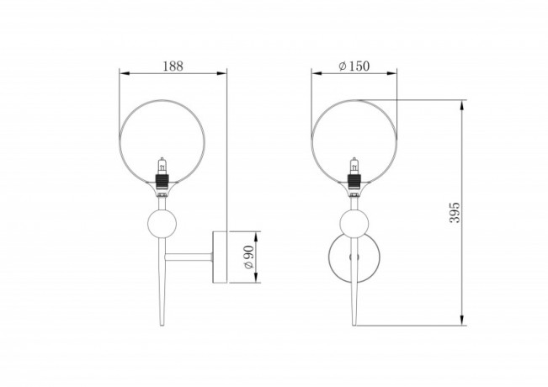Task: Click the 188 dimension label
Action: pos(173,66)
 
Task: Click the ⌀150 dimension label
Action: pos(354,66)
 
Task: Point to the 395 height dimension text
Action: pos(455,212)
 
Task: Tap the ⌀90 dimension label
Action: pos(248,257)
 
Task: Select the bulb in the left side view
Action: pos(162,166)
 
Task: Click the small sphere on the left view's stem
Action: pos(162,224)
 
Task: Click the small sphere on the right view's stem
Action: pos(354,224)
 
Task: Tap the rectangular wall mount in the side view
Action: pos(220,257)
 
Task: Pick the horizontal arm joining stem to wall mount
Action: pos(189,257)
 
